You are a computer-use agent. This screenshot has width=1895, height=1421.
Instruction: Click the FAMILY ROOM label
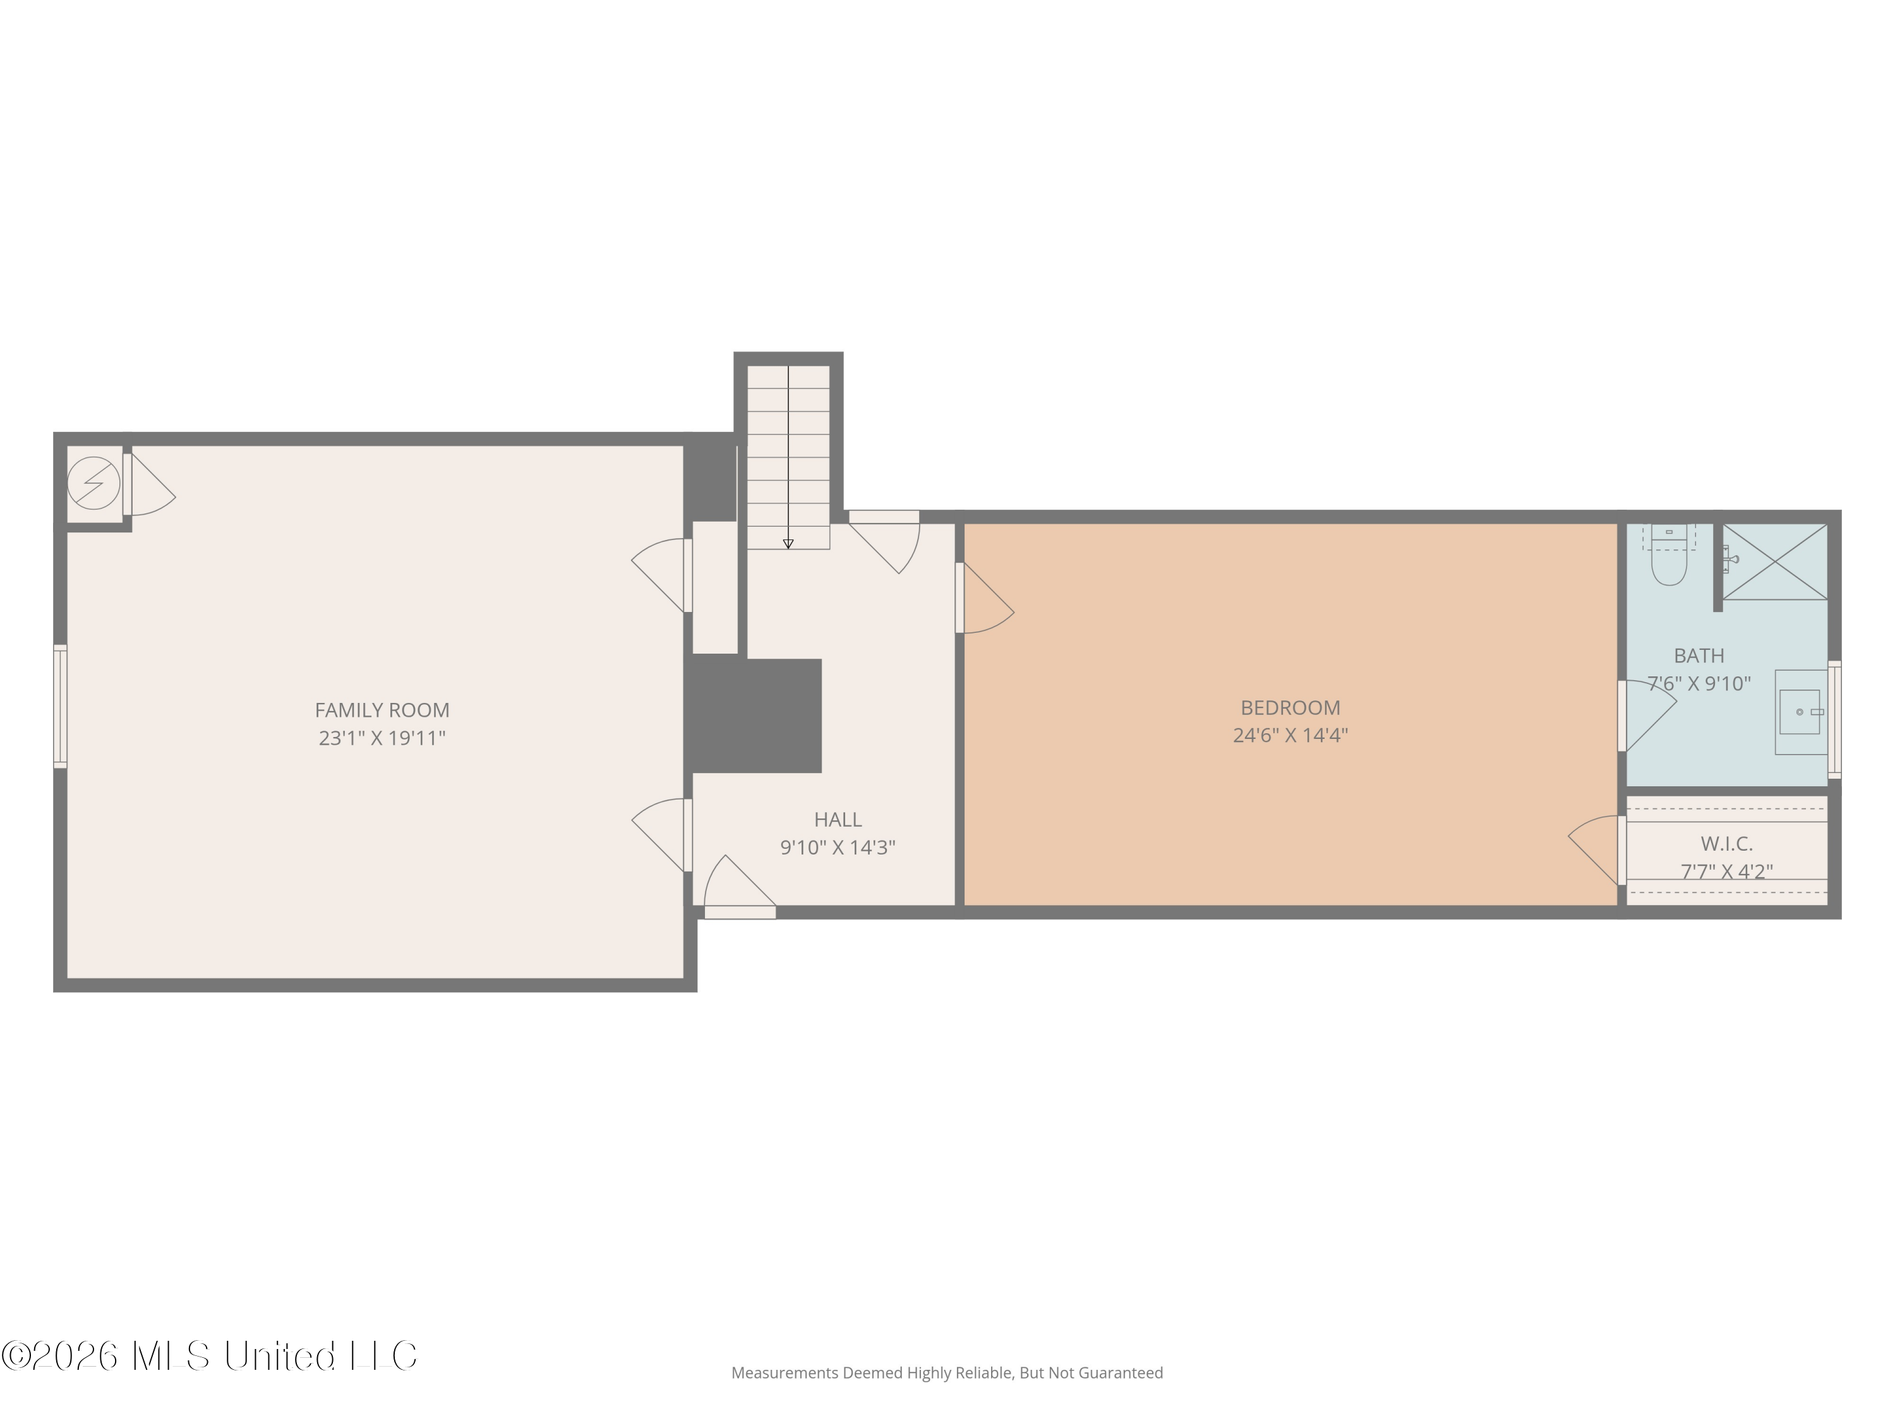[x=382, y=710]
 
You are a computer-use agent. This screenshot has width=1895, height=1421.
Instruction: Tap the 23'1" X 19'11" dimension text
[x=382, y=738]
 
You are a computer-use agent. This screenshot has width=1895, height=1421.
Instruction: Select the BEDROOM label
[x=1290, y=707]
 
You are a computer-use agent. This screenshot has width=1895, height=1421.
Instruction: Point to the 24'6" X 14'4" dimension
[x=1290, y=735]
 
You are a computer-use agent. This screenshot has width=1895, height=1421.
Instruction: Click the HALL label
[x=838, y=820]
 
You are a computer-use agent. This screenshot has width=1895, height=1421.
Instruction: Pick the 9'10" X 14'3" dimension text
[x=838, y=847]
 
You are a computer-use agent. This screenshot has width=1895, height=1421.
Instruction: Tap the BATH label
[x=1699, y=656]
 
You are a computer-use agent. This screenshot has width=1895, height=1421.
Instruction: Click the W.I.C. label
[x=1726, y=844]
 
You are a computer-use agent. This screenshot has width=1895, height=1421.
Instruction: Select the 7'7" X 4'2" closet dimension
[x=1726, y=871]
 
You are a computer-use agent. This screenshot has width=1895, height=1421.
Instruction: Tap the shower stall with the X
[x=1775, y=562]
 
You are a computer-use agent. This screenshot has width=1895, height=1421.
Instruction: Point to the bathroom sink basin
[x=1799, y=712]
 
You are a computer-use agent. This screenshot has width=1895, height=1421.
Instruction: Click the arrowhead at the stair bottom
[x=788, y=544]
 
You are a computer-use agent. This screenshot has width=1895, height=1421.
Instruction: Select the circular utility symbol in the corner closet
[x=93, y=483]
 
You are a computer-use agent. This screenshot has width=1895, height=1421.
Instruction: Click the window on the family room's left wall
[x=60, y=706]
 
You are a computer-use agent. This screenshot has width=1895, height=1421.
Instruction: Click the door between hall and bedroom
[x=985, y=598]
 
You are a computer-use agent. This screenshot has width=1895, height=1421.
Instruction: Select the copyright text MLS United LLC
[x=209, y=1355]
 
